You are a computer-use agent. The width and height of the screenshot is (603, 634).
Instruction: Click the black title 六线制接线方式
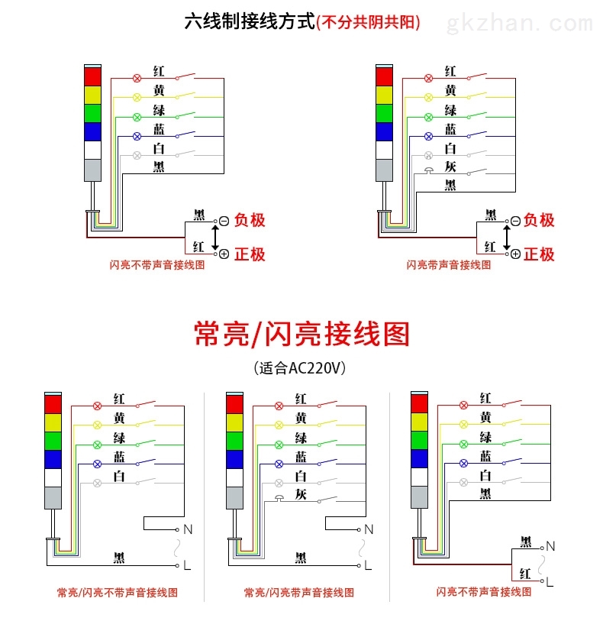pos(250,21)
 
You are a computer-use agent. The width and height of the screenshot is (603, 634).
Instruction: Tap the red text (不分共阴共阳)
pos(368,22)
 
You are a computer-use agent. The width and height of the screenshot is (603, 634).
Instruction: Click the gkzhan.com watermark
pos(520,24)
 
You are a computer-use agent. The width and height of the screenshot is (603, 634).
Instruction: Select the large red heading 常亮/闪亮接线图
pos(302,334)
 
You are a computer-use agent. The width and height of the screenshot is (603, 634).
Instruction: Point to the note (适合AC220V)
pos(300,368)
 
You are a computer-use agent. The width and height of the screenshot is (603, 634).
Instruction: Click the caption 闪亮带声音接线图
pos(449,265)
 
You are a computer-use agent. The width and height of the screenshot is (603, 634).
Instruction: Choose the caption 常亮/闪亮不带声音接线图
pos(118,592)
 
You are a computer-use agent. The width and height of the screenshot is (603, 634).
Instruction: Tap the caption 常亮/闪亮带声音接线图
pos(299,592)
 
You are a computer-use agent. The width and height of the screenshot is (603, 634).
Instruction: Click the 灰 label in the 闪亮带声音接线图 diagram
pos(450,167)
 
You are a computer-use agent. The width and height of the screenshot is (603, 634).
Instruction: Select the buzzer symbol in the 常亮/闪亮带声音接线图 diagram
pos(279,498)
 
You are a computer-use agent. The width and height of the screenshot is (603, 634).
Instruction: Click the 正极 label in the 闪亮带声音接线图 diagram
pos(539,254)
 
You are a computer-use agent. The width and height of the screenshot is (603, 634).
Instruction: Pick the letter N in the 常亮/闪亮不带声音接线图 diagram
pos(188,529)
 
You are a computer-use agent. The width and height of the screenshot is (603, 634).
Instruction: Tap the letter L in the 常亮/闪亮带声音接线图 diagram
pos(368,565)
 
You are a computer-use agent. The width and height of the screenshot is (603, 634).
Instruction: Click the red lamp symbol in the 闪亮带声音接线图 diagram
pos(429,79)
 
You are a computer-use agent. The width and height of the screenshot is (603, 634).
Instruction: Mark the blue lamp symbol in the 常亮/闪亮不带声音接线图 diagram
pos(97,464)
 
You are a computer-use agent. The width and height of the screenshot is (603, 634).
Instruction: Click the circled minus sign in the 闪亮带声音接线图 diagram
pos(515,222)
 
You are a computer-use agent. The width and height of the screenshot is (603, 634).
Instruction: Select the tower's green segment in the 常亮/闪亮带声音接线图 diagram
pos(235,442)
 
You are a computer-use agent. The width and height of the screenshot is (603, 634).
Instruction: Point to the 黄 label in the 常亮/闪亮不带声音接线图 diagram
pos(119,418)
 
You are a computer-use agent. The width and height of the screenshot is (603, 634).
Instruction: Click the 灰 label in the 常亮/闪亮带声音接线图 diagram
pos(301,494)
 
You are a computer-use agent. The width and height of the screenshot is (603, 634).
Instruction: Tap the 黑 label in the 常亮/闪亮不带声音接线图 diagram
pos(119,558)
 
